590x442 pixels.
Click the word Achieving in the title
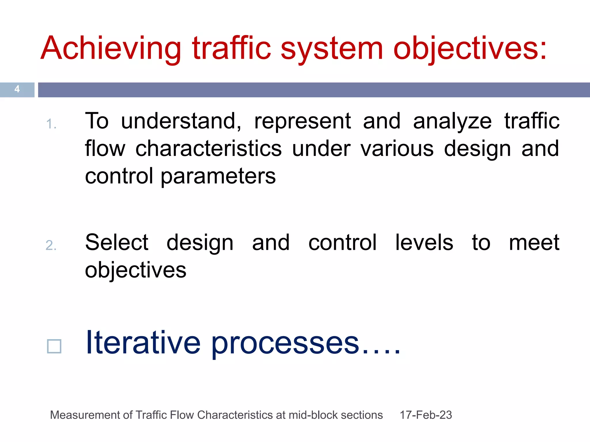click(111, 49)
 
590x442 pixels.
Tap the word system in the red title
click(331, 49)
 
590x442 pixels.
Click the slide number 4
click(17, 89)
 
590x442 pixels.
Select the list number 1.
click(51, 124)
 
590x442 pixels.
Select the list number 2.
click(51, 245)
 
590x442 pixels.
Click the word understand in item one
click(181, 121)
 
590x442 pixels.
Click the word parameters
click(218, 176)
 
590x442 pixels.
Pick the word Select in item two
click(117, 242)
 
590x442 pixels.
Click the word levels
click(424, 242)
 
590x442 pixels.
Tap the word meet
click(534, 242)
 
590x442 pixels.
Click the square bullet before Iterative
click(54, 346)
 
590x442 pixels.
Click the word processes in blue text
click(285, 344)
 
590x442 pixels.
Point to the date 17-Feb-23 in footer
click(426, 415)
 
